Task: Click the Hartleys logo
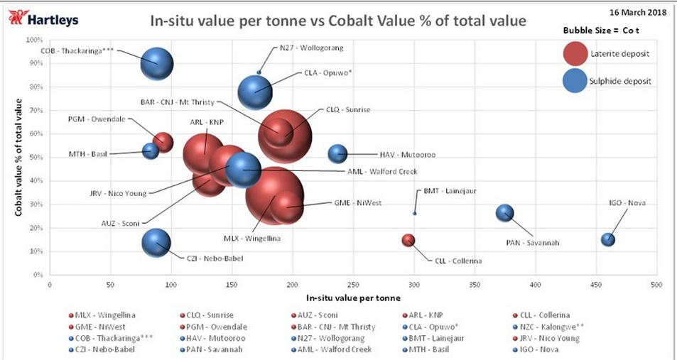tap(43, 19)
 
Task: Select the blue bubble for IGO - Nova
tap(607, 239)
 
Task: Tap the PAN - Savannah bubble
tap(504, 212)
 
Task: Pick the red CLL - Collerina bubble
tap(408, 241)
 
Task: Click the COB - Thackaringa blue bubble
tap(158, 63)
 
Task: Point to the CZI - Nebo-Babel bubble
tap(156, 242)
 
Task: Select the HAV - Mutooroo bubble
tap(337, 153)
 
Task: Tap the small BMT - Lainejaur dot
tap(415, 213)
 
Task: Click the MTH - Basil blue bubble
tap(150, 151)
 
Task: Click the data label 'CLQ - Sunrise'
tap(348, 110)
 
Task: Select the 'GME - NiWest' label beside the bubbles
tap(357, 203)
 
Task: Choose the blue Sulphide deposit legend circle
tap(577, 81)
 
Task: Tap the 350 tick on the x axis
tap(474, 284)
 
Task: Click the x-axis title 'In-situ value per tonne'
tap(353, 297)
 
